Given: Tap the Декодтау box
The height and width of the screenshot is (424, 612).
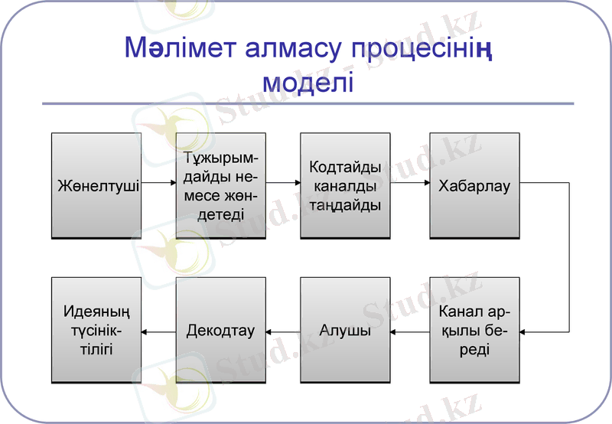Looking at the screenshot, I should [221, 331].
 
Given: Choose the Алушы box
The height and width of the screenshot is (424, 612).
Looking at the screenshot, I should [345, 331].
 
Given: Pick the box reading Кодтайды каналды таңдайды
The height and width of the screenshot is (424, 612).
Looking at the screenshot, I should [345, 185].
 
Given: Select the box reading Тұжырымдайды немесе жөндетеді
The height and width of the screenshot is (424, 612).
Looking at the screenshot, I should [221, 185].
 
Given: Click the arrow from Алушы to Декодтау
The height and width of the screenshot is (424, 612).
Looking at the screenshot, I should [283, 331].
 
